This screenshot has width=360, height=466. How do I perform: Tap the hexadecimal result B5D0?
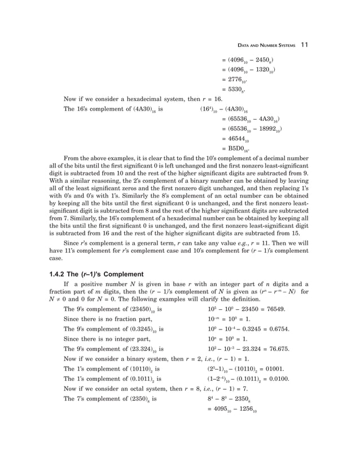pyautogui.click(x=236, y=150)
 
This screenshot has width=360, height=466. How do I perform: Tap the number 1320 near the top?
pyautogui.click(x=265, y=71)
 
